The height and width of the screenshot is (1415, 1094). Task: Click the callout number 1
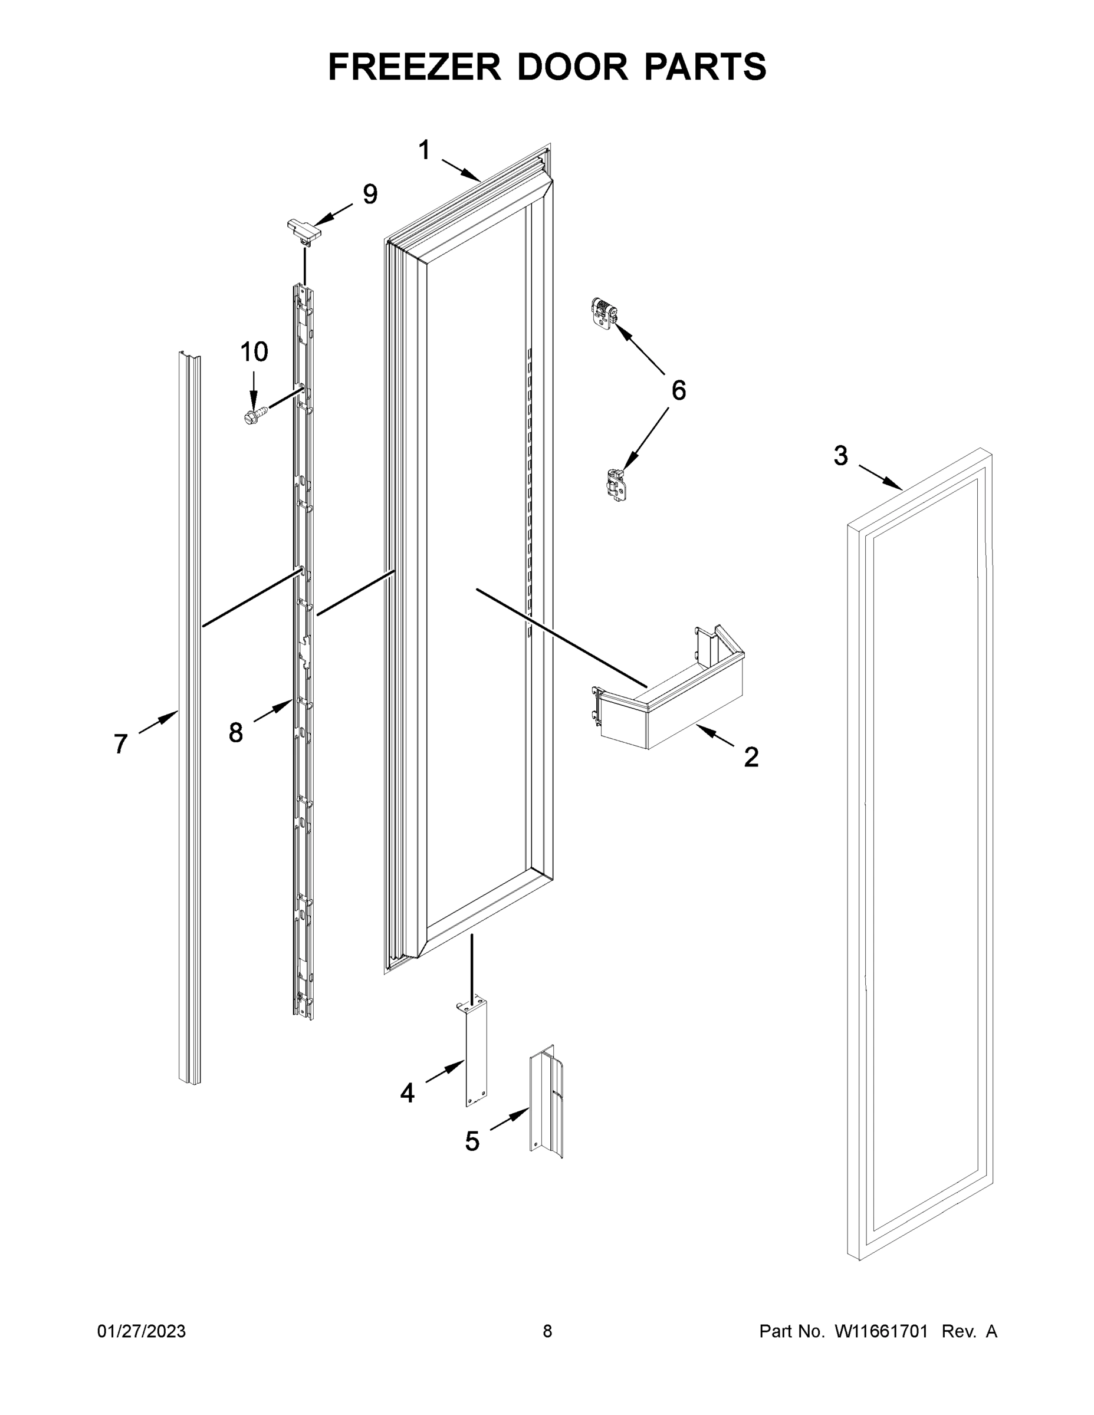pos(424,150)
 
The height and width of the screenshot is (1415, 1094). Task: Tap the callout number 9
pos(369,195)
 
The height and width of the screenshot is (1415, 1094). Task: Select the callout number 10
pos(254,352)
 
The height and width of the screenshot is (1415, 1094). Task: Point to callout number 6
pos(678,391)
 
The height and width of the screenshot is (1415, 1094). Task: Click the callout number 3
pos(840,456)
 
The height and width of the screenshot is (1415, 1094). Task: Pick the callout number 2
pos(751,757)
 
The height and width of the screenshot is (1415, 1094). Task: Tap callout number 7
pos(120,744)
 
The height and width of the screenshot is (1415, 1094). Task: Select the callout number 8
pos(235,733)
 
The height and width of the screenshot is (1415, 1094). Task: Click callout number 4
pos(407,1093)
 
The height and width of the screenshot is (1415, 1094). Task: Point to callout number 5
pos(472,1141)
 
